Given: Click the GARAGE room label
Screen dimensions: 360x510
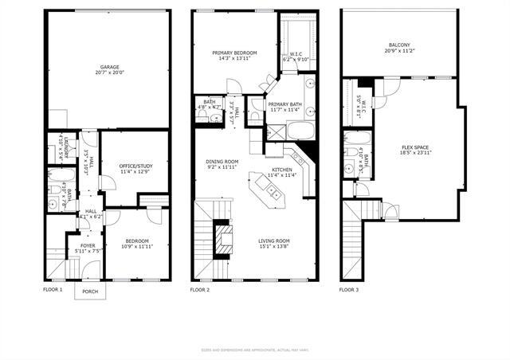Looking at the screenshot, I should (109, 66).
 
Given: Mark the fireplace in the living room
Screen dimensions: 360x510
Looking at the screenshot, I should (226, 237).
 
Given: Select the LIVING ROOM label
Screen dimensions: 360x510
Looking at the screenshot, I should (274, 240).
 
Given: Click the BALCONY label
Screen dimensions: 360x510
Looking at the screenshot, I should (400, 45).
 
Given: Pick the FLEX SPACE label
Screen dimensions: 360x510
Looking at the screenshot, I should (415, 147).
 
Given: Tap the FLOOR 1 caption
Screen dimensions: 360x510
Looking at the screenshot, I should (53, 290).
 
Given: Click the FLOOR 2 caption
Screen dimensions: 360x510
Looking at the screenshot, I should (200, 290).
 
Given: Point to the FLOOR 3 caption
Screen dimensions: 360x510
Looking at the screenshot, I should (348, 290).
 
